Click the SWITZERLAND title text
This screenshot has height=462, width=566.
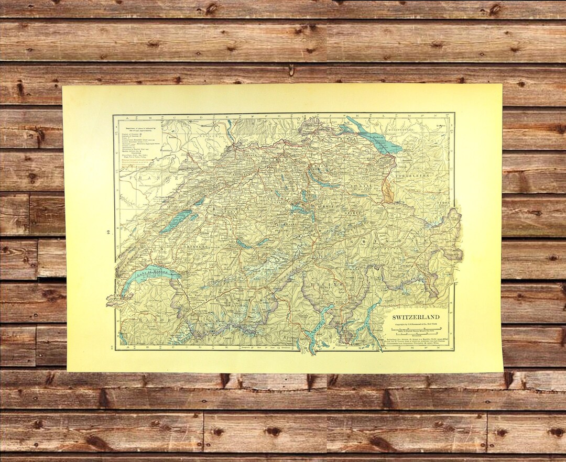click(417, 317)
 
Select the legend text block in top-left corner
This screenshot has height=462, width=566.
click(138, 147)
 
